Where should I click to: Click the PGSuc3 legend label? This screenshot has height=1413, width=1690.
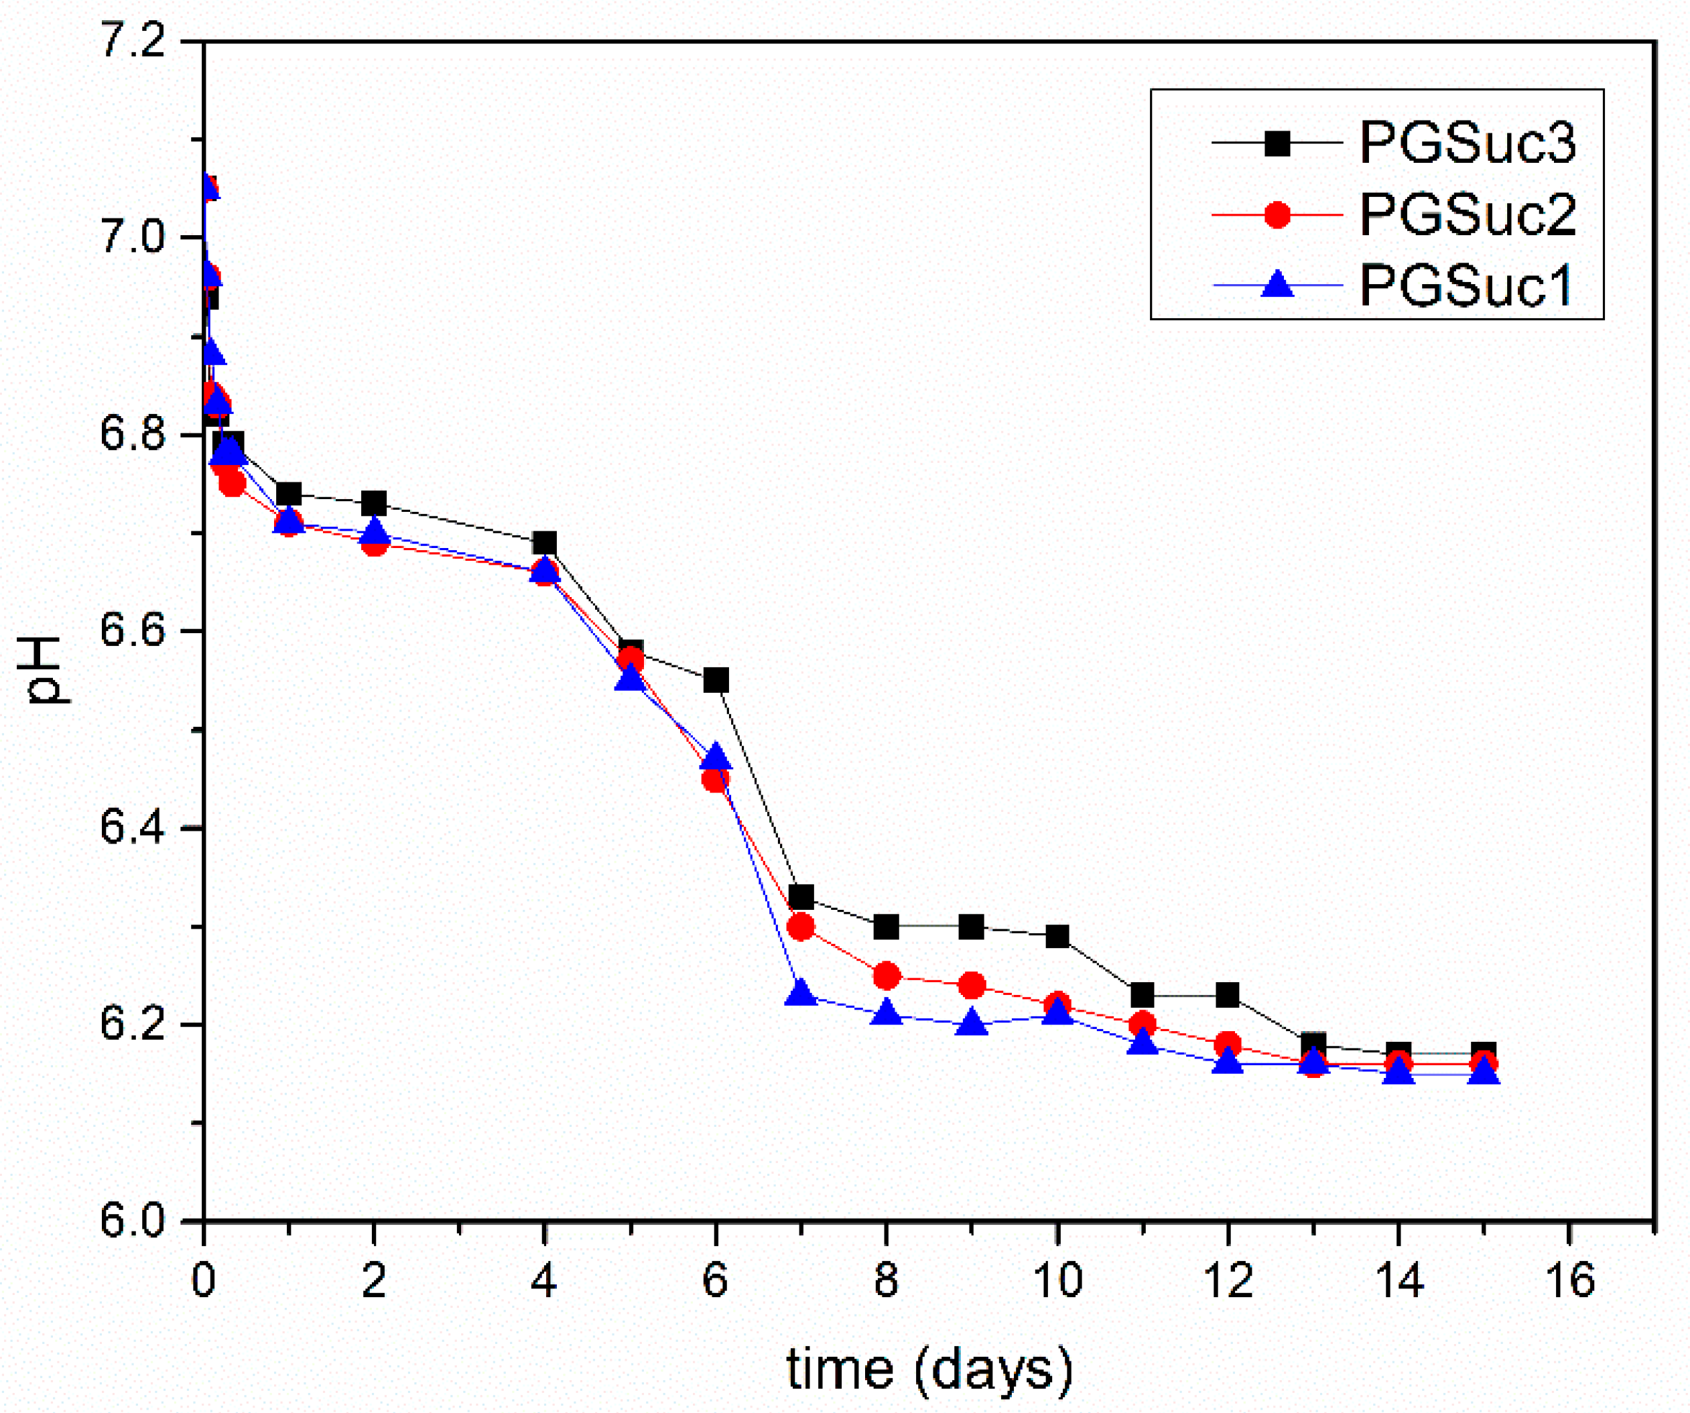pyautogui.click(x=1467, y=143)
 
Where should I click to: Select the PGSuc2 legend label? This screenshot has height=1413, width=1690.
pyautogui.click(x=1467, y=215)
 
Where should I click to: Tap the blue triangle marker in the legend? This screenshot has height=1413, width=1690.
pyautogui.click(x=1277, y=284)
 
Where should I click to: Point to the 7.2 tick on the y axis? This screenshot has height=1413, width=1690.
pyautogui.click(x=131, y=40)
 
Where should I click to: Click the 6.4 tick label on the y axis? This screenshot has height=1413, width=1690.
pyautogui.click(x=131, y=827)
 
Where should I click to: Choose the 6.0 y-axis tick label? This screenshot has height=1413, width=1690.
pyautogui.click(x=131, y=1221)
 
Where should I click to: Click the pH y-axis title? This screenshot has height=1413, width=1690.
pyautogui.click(x=44, y=670)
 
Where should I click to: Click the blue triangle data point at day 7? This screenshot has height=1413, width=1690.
pyautogui.click(x=801, y=993)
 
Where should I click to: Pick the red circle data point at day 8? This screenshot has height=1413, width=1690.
pyautogui.click(x=886, y=976)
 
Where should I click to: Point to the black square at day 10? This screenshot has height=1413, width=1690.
pyautogui.click(x=1057, y=937)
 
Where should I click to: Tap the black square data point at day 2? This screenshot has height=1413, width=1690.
pyautogui.click(x=374, y=504)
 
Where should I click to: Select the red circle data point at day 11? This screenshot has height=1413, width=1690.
pyautogui.click(x=1143, y=1024)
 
